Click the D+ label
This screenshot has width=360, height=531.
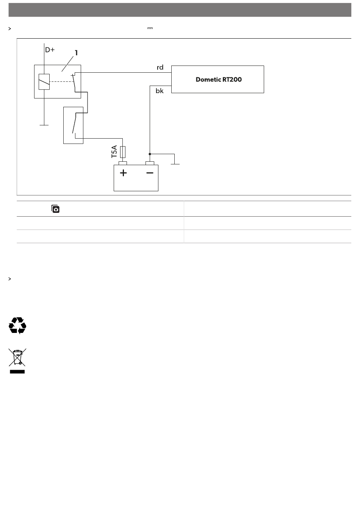click(50, 50)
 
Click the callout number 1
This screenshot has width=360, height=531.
click(76, 53)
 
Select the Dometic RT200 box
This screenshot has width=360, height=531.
click(218, 79)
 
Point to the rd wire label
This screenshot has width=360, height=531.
click(160, 67)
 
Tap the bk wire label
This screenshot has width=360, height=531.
click(160, 91)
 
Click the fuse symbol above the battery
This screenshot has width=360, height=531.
click(123, 152)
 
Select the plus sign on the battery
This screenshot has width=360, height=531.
click(123, 173)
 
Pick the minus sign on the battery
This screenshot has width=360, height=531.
click(150, 173)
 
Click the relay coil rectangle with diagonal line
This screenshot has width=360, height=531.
click(44, 81)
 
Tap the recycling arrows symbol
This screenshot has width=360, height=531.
click(17, 326)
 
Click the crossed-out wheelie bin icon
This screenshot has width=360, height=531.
click(17, 361)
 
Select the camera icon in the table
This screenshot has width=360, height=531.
click(56, 209)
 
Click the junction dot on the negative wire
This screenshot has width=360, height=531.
click(150, 154)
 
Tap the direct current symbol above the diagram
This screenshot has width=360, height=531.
click(150, 28)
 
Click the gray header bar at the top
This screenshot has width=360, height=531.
click(180, 10)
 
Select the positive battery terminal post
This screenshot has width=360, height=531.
click(123, 163)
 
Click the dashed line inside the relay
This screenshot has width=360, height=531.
click(61, 81)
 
